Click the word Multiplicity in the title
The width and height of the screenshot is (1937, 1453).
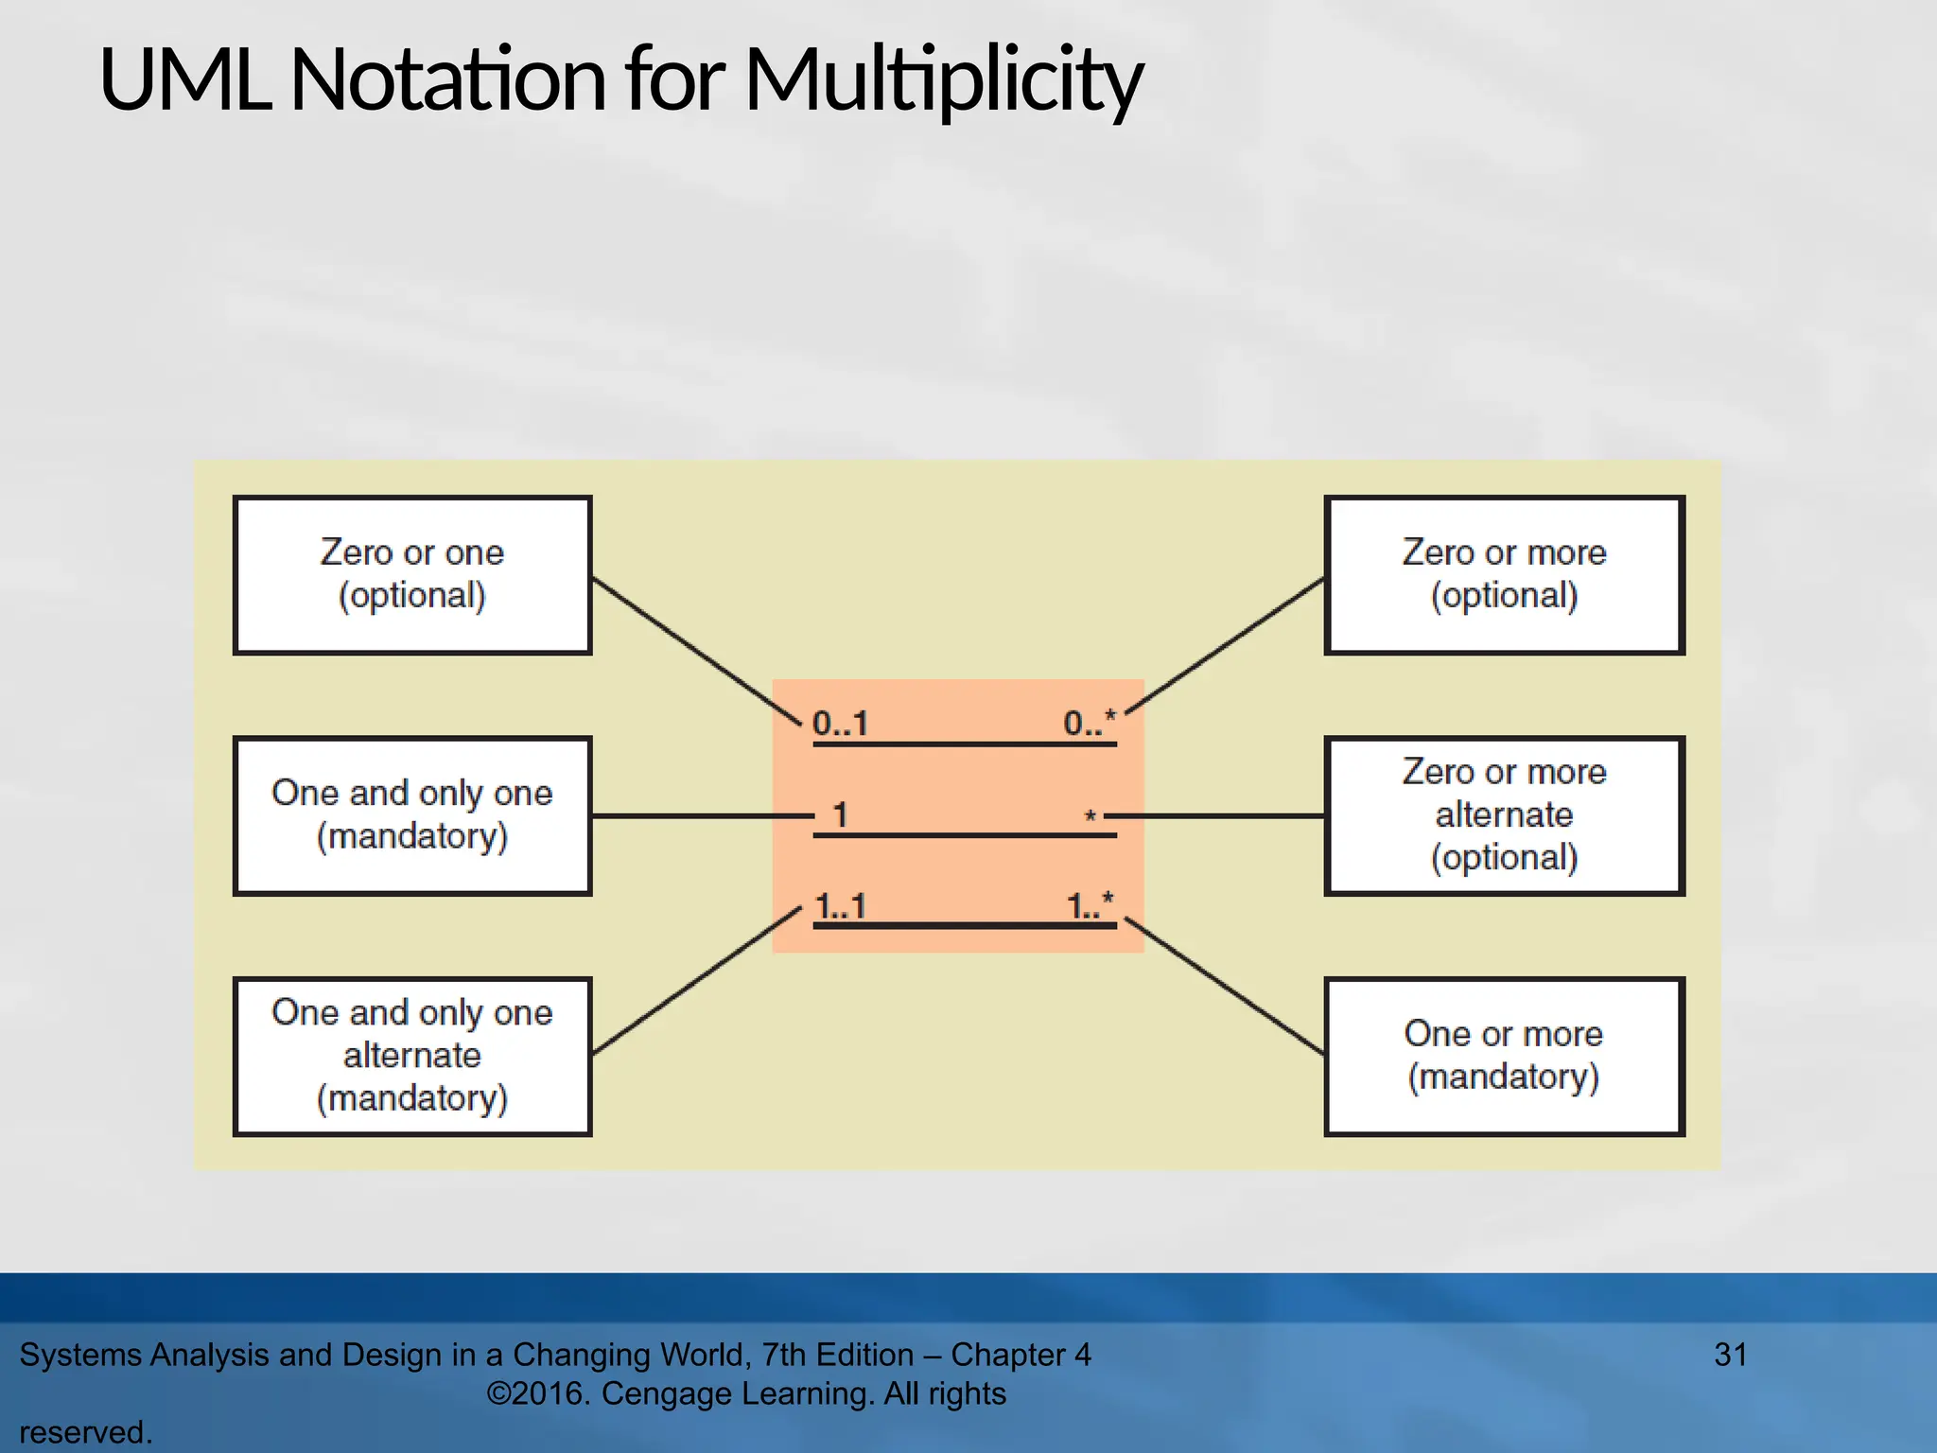click(x=943, y=80)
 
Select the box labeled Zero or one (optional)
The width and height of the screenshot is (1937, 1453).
click(x=412, y=575)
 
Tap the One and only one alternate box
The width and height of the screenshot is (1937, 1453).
click(x=412, y=1056)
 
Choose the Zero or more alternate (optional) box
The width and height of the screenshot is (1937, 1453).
click(x=1504, y=815)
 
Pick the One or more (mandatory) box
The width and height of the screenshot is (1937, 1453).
click(x=1504, y=1056)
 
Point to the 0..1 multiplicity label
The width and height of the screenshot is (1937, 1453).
click(x=840, y=724)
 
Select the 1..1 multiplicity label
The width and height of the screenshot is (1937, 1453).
click(x=841, y=906)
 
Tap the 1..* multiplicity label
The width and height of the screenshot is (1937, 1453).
click(x=1091, y=905)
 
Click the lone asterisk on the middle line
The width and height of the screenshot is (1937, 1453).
click(x=1091, y=815)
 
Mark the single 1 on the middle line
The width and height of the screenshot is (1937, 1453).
click(x=840, y=814)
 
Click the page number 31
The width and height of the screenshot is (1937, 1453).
click(x=1730, y=1355)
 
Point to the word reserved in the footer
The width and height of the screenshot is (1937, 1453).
click(x=84, y=1432)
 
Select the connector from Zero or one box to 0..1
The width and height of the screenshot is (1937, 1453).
click(x=695, y=650)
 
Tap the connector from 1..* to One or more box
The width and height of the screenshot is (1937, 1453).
click(x=1225, y=986)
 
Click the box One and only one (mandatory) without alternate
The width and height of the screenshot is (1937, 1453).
click(x=412, y=815)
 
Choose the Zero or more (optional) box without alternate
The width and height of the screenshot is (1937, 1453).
click(x=1504, y=575)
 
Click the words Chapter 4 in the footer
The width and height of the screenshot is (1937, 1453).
click(x=1021, y=1355)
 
